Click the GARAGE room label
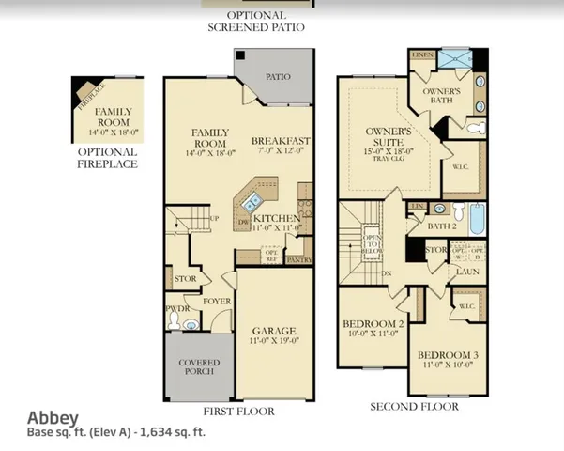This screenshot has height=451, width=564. (274, 332)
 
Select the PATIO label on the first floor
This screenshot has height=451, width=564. (277, 77)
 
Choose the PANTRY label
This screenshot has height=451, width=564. (300, 258)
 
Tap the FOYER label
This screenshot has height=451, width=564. (218, 302)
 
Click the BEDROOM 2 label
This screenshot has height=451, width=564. (373, 323)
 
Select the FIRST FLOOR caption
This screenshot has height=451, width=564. (239, 411)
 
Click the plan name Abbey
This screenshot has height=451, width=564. (53, 418)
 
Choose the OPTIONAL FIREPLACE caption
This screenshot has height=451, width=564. (107, 158)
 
